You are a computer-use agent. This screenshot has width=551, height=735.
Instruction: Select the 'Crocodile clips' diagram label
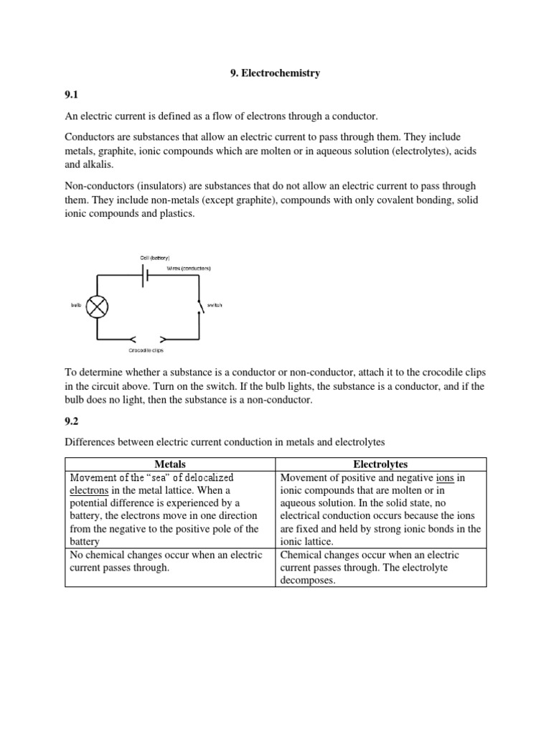point(147,350)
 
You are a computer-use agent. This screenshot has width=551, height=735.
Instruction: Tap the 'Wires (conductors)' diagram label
point(189,268)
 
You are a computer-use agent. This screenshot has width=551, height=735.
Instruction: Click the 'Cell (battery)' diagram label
point(145,257)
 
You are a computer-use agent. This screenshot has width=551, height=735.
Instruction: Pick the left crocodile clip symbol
point(131,337)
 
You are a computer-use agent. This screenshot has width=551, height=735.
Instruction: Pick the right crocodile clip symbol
point(163,337)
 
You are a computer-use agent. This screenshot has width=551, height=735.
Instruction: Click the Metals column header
point(170,464)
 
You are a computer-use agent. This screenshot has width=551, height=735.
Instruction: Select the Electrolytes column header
point(381,464)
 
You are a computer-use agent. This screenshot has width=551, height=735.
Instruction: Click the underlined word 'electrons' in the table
point(90,490)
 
